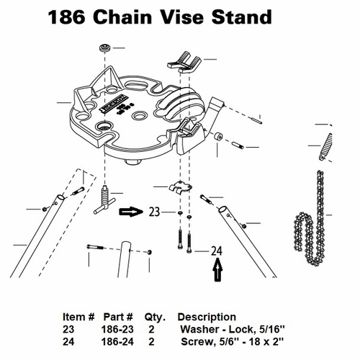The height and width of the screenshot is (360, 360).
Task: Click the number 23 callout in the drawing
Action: pos(156,213)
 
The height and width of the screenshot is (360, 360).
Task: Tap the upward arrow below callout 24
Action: pos(217,272)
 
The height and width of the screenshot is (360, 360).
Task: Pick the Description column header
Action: pos(207,317)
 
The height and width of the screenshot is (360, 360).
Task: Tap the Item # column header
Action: pos(80,317)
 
